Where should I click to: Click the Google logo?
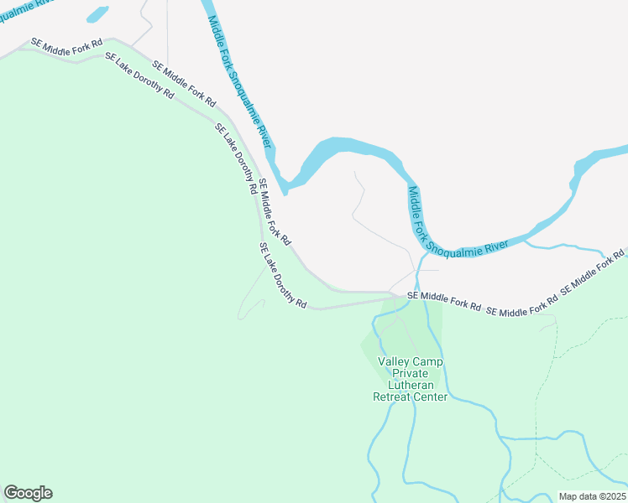tap(28, 493)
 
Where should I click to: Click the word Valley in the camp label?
tap(395, 362)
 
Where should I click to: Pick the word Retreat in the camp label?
tap(393, 397)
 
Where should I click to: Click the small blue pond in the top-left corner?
tap(97, 14)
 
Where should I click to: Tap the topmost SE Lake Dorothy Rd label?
tap(139, 76)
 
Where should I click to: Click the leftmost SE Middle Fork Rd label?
tap(66, 42)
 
